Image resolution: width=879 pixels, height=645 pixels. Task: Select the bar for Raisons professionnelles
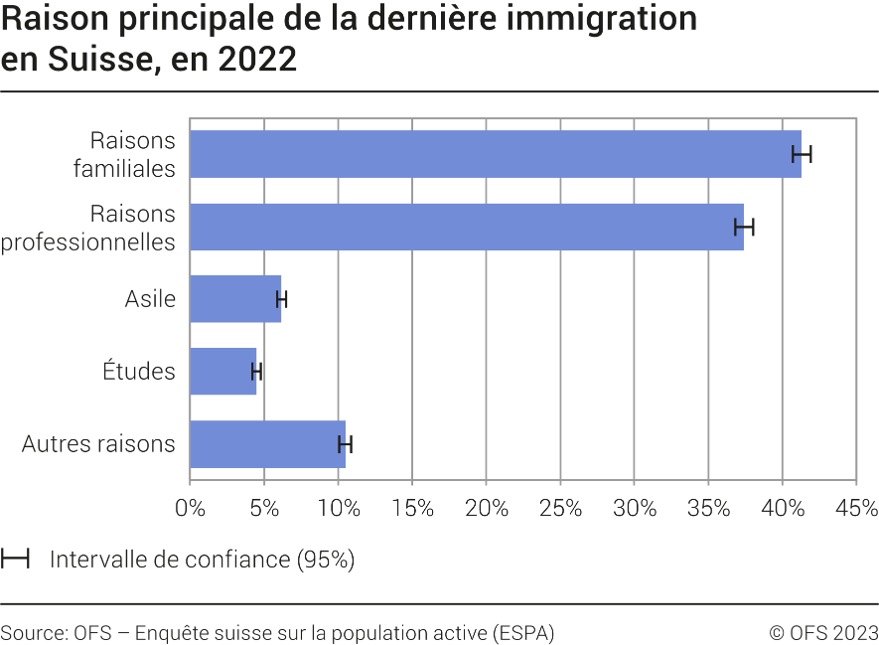click(466, 227)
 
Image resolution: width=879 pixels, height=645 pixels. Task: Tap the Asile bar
click(234, 299)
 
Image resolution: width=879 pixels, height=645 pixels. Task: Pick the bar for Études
click(222, 372)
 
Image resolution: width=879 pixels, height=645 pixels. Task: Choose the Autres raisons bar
click(267, 444)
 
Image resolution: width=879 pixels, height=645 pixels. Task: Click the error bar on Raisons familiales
click(802, 154)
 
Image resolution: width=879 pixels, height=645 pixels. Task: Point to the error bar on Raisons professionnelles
click(744, 227)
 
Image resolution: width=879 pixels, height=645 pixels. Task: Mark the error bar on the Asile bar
click(282, 299)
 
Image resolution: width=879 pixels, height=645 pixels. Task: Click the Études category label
click(139, 372)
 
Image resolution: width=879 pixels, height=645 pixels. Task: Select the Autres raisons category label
click(98, 444)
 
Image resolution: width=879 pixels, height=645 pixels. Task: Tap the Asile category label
click(150, 299)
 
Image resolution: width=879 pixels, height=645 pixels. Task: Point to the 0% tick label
click(190, 508)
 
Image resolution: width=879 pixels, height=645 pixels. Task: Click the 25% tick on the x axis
click(560, 508)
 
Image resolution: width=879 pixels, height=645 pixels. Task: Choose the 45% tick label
click(857, 508)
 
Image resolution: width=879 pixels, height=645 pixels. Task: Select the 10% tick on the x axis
click(338, 508)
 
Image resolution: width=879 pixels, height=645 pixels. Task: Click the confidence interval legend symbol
click(15, 559)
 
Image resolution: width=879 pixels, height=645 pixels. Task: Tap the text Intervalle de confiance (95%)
click(202, 560)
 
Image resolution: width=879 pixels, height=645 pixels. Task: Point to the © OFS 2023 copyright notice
click(823, 633)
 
